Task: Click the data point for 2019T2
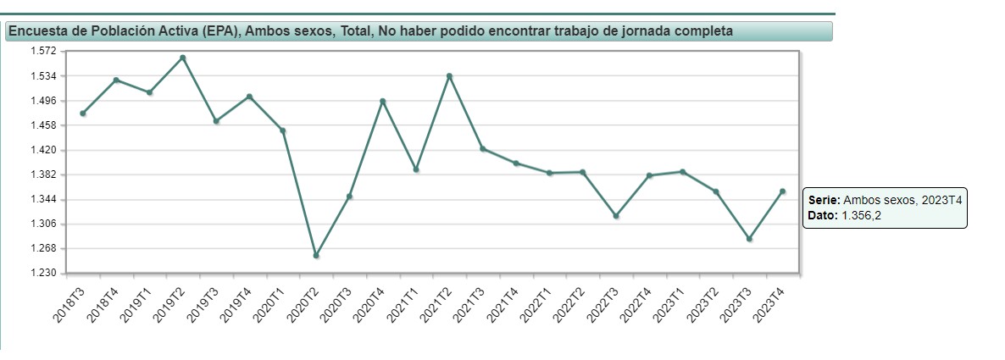pos(183,58)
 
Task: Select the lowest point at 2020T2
pos(316,255)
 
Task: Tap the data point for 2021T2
pos(449,76)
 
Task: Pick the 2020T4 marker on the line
pos(383,101)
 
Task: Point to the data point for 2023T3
pos(749,239)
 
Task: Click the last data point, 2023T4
pos(782,191)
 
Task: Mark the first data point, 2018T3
pos(83,114)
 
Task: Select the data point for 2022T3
pos(616,216)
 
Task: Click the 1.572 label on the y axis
pos(42,52)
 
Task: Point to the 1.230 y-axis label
pos(42,274)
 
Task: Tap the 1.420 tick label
pos(42,151)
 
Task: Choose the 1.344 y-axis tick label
pos(42,200)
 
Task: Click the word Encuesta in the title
pos(37,31)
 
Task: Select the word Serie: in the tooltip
pos(824,201)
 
